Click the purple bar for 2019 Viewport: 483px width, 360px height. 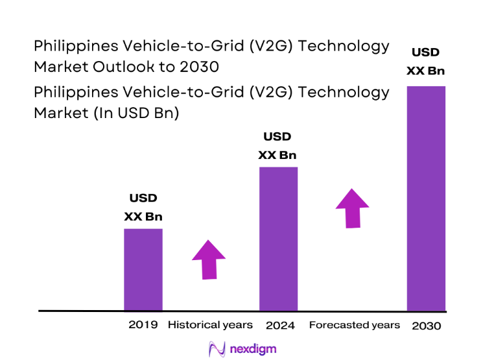click(143, 269)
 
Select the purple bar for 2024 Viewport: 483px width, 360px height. click(278, 239)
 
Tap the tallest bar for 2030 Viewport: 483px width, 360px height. click(425, 198)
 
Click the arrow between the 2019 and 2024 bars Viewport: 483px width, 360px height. click(209, 259)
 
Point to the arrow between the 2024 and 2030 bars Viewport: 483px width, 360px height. click(352, 208)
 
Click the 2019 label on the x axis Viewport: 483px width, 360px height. click(143, 324)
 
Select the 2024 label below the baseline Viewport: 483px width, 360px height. click(280, 325)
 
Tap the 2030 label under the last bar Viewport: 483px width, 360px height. click(426, 326)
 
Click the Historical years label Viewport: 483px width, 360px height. click(210, 324)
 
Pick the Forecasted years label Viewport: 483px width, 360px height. click(355, 324)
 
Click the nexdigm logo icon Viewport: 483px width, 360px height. click(217, 349)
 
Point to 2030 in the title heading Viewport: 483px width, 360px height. click(200, 66)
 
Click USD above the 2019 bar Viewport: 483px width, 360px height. click(143, 198)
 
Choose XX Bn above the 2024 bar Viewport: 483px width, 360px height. click(277, 155)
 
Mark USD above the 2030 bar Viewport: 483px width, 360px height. click(425, 53)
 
